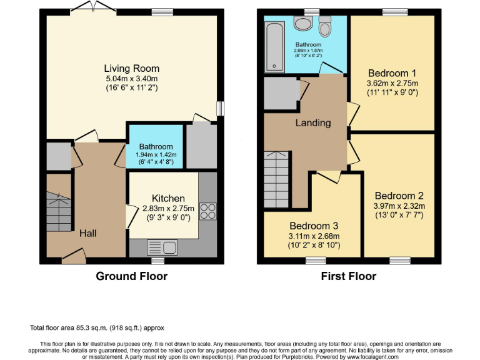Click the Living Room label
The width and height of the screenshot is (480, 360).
[x=132, y=69]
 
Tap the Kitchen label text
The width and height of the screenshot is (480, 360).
[x=168, y=198]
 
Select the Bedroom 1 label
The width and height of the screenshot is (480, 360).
[x=392, y=73]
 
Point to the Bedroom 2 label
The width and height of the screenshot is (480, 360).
[x=399, y=196]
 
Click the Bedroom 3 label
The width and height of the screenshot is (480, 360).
[x=314, y=226]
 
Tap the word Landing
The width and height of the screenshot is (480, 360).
[x=313, y=123]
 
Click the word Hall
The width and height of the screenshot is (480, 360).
[x=88, y=233]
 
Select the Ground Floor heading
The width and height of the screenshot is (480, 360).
[x=132, y=276]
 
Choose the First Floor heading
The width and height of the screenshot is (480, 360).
[x=348, y=276]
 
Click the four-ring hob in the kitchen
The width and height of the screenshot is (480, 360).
[x=208, y=211]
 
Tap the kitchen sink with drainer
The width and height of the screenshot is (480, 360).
[x=162, y=247]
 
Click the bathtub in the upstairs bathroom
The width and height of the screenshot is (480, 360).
[x=274, y=46]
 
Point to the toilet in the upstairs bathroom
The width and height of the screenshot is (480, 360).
[x=325, y=26]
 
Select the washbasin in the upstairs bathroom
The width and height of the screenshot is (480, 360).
[x=303, y=24]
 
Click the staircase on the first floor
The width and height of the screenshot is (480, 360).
[x=276, y=179]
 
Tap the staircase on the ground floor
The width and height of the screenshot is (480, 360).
[x=59, y=212]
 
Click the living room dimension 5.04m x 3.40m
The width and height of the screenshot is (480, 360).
[x=132, y=79]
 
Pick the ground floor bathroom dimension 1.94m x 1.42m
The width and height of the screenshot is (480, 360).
[x=156, y=154]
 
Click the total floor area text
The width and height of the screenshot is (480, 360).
[x=97, y=328]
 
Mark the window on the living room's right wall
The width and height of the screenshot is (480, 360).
[x=220, y=109]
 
